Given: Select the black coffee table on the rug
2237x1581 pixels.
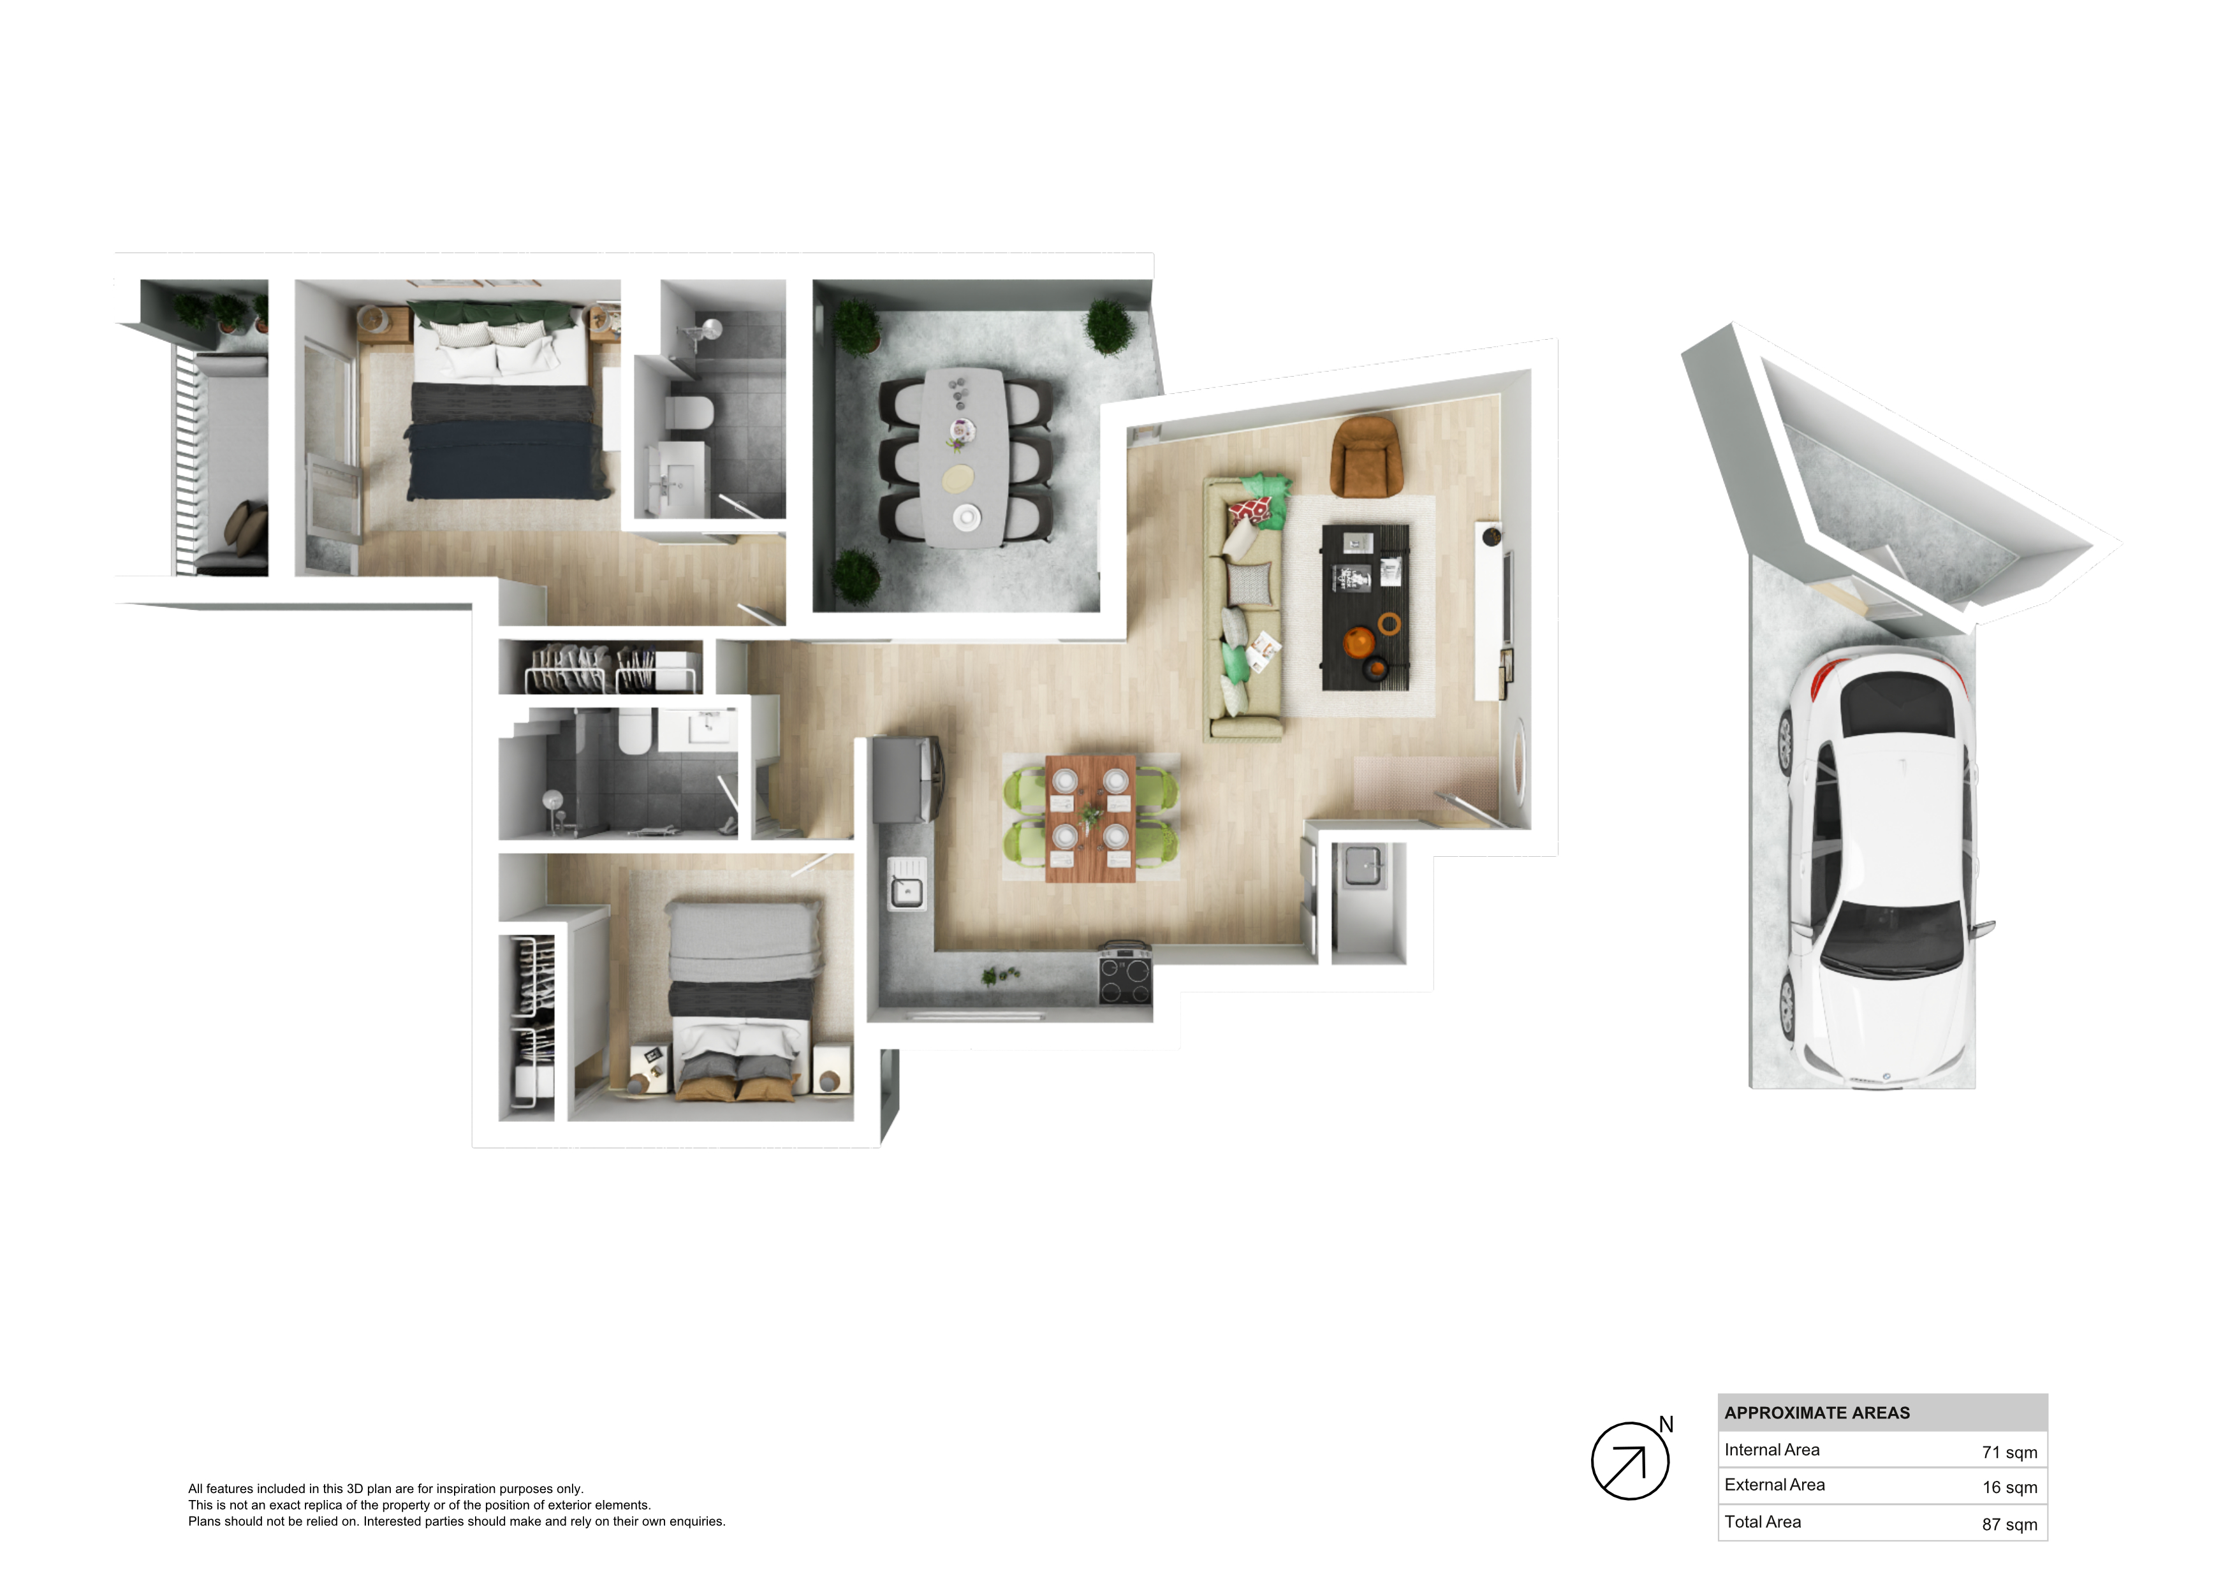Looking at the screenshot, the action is (x=1365, y=607).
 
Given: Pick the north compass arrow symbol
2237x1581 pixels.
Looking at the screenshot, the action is (x=1630, y=1461).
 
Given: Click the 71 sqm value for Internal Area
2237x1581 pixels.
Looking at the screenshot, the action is (x=2009, y=1452).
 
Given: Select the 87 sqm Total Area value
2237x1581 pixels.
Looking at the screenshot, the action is (x=2009, y=1524).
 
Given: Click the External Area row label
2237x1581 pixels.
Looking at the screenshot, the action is (x=1774, y=1485).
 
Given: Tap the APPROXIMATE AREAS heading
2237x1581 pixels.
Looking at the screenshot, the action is (x=1817, y=1413).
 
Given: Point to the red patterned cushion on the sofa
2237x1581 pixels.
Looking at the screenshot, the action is (x=1250, y=509).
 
